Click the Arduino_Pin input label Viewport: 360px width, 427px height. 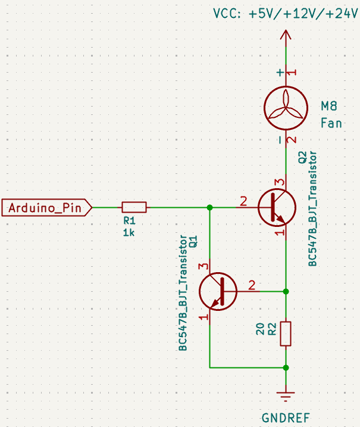tap(47, 207)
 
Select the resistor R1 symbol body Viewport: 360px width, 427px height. tap(134, 207)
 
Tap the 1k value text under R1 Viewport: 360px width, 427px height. tap(129, 233)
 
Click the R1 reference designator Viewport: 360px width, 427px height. tap(129, 220)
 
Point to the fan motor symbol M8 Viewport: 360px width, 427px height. tap(286, 108)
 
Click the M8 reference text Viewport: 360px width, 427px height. tap(329, 106)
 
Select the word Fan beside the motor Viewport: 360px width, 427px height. tap(331, 123)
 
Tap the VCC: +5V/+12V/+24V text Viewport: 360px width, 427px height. tap(286, 13)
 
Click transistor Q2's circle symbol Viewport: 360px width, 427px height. tap(277, 207)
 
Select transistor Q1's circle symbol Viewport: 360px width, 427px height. tap(218, 291)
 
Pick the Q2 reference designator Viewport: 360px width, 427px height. tap(302, 158)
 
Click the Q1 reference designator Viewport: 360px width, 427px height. tap(193, 242)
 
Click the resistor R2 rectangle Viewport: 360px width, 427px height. tap(286, 334)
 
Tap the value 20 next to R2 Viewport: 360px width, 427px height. tap(260, 329)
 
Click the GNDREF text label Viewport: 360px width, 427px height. tap(286, 417)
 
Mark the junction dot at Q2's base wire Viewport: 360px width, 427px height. tap(209, 207)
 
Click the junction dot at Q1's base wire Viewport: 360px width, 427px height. tap(286, 291)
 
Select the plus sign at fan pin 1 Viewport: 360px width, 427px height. tap(280, 73)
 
